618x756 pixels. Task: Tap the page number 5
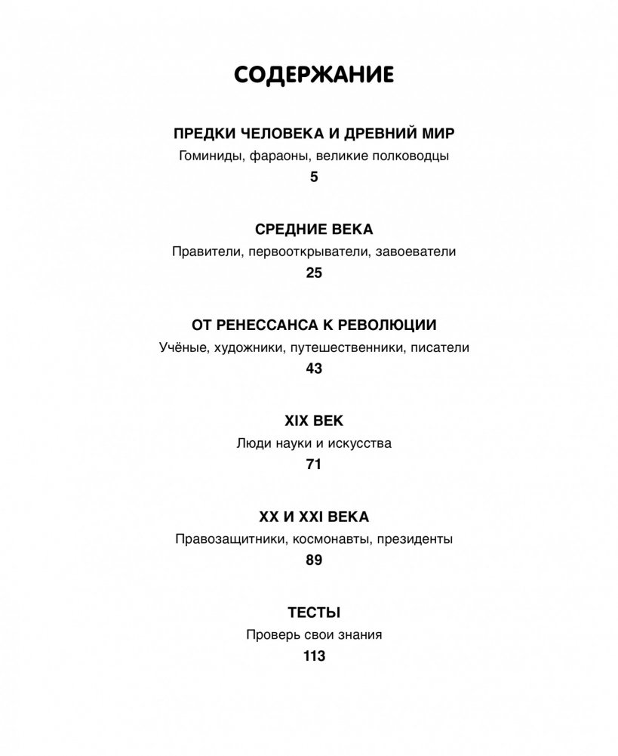tap(314, 177)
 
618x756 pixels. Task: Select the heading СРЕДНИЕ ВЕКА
tap(314, 230)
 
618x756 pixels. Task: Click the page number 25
tap(314, 273)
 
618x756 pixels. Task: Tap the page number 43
tap(314, 369)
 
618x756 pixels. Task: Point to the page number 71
tap(314, 464)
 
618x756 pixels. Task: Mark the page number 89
tap(314, 560)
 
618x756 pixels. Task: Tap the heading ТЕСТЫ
tap(314, 613)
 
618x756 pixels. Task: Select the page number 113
tap(314, 656)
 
